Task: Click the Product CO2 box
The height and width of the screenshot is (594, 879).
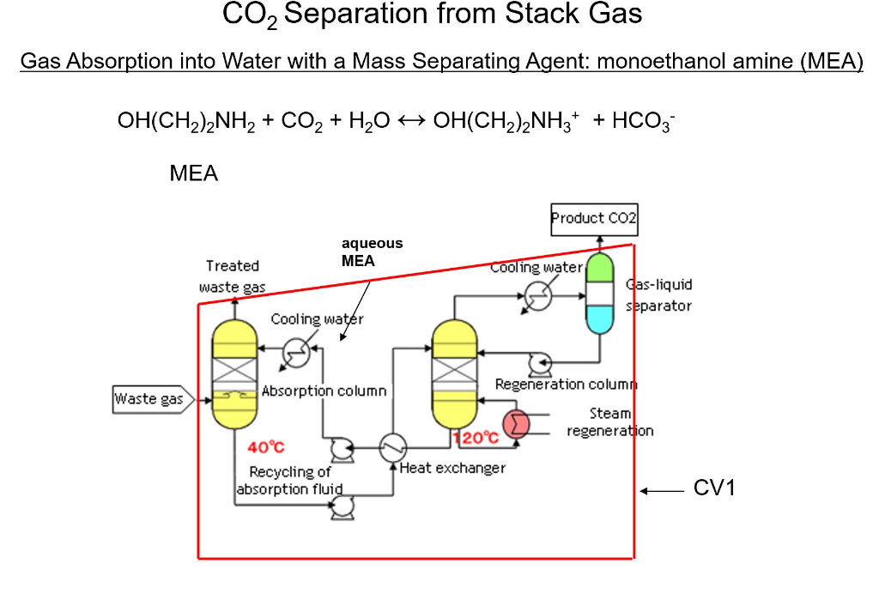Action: pyautogui.click(x=594, y=220)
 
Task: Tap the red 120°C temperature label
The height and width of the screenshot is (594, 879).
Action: pyautogui.click(x=476, y=438)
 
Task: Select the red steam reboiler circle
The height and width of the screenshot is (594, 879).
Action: pyautogui.click(x=516, y=423)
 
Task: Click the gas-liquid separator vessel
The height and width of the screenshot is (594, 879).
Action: pyautogui.click(x=600, y=294)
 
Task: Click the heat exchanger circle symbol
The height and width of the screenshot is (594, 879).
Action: pyautogui.click(x=393, y=446)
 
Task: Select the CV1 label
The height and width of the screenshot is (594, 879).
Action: pyautogui.click(x=714, y=489)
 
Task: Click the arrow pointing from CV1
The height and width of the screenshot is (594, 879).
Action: pyautogui.click(x=661, y=491)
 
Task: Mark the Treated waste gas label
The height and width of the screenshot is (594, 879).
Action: pyautogui.click(x=232, y=276)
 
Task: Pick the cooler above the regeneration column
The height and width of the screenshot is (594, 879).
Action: pyautogui.click(x=538, y=296)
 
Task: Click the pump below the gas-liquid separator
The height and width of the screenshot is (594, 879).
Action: pyautogui.click(x=539, y=364)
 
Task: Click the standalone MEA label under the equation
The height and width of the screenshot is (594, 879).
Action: pyautogui.click(x=194, y=174)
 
